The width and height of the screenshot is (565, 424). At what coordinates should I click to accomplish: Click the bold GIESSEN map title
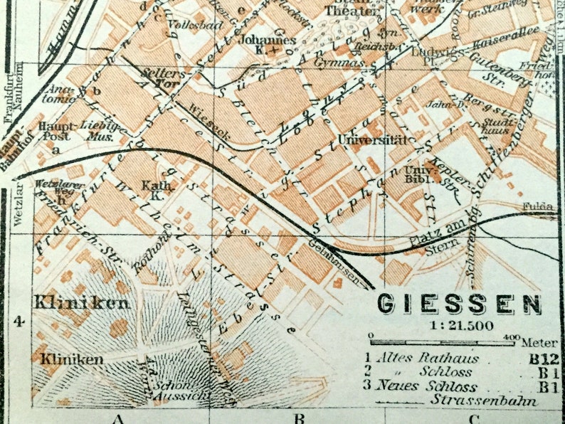[458, 304]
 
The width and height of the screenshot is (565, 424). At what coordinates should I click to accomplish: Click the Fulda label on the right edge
[538, 206]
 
